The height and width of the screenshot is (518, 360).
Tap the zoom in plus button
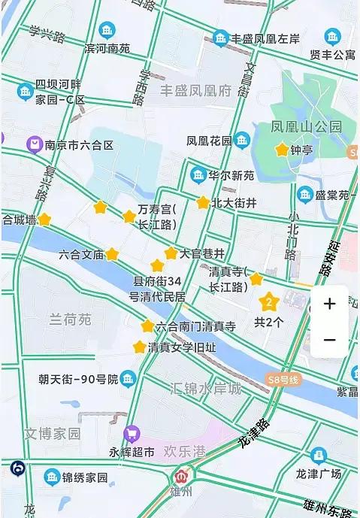click(329, 304)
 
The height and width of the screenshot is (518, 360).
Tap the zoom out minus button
click(329, 340)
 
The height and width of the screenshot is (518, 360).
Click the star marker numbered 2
click(269, 303)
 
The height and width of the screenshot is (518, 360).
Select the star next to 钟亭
click(282, 150)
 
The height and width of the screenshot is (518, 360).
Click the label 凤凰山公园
click(307, 126)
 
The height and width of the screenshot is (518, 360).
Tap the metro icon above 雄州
click(181, 477)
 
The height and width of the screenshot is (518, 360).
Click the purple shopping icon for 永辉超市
click(132, 434)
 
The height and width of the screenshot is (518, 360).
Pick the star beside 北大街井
click(203, 202)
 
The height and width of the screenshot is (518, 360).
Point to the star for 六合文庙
click(112, 254)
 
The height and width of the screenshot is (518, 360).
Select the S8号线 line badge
click(282, 380)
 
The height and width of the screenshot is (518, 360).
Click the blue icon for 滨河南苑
click(107, 31)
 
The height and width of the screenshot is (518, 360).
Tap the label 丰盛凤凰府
click(195, 90)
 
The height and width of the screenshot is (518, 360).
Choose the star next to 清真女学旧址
click(139, 347)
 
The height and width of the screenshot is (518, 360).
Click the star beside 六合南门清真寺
click(147, 326)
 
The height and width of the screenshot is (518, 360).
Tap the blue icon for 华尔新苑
click(198, 175)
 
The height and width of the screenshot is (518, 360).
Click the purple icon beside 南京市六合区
click(34, 144)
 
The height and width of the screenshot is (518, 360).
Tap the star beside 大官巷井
click(171, 253)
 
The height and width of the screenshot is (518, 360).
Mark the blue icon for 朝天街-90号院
click(129, 379)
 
